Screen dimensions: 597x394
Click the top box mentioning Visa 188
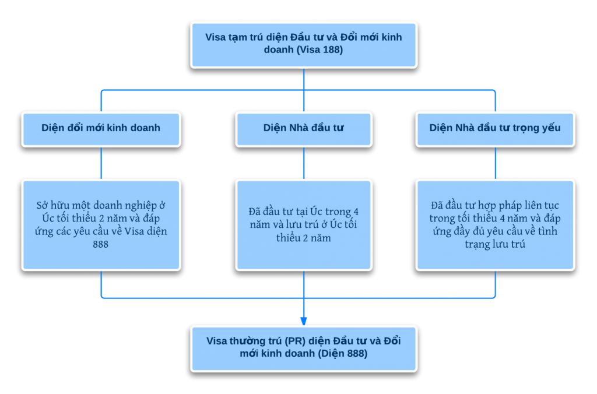pyautogui.click(x=303, y=45)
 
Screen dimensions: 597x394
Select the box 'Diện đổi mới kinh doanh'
pyautogui.click(x=101, y=129)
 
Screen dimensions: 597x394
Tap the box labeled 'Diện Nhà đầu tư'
pyautogui.click(x=303, y=129)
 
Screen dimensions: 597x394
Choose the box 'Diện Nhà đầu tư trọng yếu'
pyautogui.click(x=495, y=129)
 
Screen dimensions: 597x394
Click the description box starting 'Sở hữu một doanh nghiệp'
pyautogui.click(x=101, y=225)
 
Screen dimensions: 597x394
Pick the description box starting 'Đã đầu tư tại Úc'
pyautogui.click(x=303, y=225)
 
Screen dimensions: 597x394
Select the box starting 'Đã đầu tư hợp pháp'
pyautogui.click(x=495, y=225)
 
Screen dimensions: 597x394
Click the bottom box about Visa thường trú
pyautogui.click(x=303, y=349)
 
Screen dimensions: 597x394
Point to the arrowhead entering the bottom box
pyautogui.click(x=303, y=321)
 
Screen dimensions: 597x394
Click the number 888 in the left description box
pyautogui.click(x=100, y=244)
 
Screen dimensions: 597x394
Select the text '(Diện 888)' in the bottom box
pyautogui.click(x=342, y=354)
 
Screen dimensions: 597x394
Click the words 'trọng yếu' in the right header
pyautogui.click(x=539, y=128)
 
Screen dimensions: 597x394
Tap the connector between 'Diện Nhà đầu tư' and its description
pyautogui.click(x=303, y=163)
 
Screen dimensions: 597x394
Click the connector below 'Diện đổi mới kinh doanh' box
pyautogui.click(x=101, y=163)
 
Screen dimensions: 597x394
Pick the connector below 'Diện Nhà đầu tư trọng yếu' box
pyautogui.click(x=495, y=163)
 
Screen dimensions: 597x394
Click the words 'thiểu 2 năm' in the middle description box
pyautogui.click(x=303, y=238)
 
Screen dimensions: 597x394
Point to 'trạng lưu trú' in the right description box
pyautogui.click(x=495, y=244)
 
